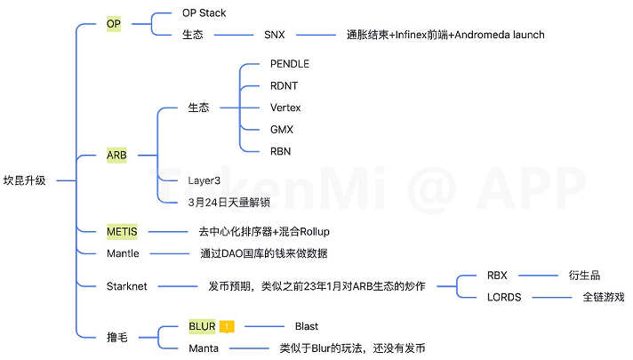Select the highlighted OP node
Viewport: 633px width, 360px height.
114,24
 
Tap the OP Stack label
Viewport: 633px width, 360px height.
204,13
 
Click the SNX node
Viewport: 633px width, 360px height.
275,35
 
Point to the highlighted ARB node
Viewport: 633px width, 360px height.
116,155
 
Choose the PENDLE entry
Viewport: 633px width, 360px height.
290,64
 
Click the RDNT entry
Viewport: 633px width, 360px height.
284,86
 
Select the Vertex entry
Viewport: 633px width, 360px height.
285,108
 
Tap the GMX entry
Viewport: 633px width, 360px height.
282,130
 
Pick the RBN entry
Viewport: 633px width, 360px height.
280,151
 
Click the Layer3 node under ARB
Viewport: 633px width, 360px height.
204,180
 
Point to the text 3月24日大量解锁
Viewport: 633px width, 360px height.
228,202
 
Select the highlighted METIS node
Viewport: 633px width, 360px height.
122,232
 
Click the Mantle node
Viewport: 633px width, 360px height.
123,253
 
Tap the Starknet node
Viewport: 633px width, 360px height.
126,285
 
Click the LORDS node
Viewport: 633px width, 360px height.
504,297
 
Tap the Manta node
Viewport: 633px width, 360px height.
204,348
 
